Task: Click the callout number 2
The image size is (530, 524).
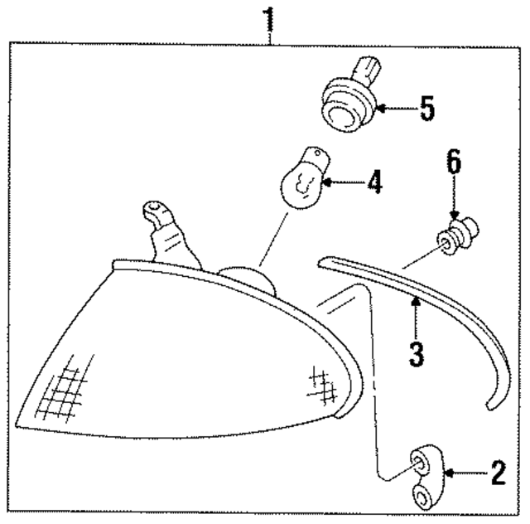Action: [497, 473]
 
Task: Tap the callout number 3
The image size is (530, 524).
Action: [417, 353]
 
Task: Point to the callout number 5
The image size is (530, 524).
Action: [426, 109]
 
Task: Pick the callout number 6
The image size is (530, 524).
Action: [454, 162]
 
